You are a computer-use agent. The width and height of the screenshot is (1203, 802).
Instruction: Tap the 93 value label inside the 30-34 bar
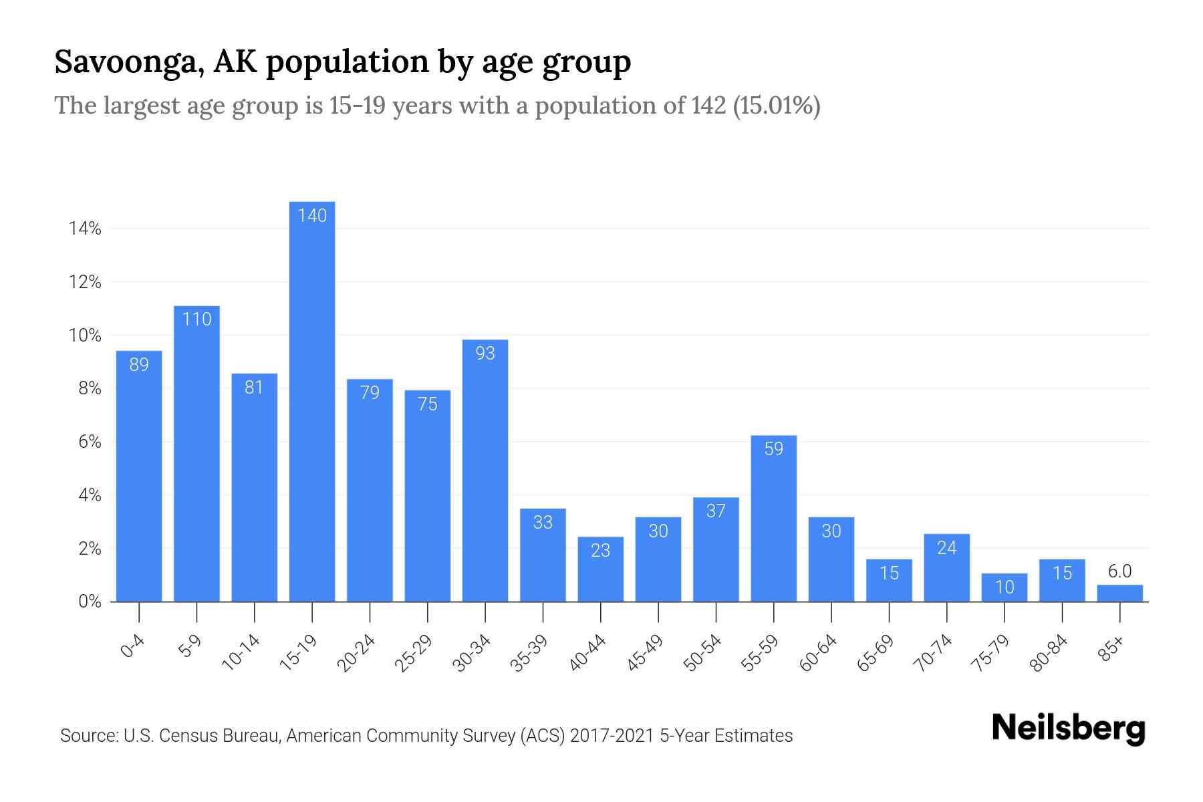pos(485,353)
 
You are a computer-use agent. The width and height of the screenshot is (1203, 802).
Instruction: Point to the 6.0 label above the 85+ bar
pos(1119,571)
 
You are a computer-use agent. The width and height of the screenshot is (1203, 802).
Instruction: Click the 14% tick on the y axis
pos(85,229)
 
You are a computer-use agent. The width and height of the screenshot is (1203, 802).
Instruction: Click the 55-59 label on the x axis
pos(759,653)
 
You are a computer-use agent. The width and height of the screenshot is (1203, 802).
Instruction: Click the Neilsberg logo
pos(1069,728)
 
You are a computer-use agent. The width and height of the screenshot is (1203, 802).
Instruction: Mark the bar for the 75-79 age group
pos(1004,588)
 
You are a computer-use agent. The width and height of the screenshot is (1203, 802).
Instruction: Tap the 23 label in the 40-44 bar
pos(600,550)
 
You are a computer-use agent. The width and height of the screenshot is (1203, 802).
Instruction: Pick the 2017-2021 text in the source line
pos(612,736)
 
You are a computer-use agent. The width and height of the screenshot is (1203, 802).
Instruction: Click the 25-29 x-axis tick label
pos(413,653)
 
